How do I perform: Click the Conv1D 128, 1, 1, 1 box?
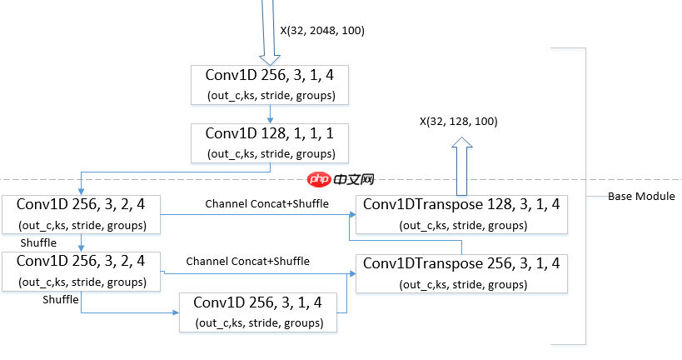pos(270,143)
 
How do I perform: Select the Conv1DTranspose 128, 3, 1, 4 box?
pos(461,214)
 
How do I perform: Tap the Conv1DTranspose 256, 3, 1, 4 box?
pos(461,272)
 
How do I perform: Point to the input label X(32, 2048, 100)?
pos(321,31)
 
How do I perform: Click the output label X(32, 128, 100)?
pos(458,122)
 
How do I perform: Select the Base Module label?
pos(640,197)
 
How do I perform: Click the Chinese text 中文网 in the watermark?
pos(352,179)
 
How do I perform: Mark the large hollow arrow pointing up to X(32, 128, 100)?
pos(462,167)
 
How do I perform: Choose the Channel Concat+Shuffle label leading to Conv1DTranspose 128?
pos(266,203)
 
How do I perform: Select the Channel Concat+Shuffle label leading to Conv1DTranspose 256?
pos(247,261)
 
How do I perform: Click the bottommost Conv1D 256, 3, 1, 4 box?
pos(259,312)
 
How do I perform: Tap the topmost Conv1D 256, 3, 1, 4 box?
pos(270,84)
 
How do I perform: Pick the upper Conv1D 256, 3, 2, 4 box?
pos(82,214)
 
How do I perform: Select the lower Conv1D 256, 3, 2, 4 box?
pos(82,272)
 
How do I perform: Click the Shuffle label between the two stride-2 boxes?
pos(38,242)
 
